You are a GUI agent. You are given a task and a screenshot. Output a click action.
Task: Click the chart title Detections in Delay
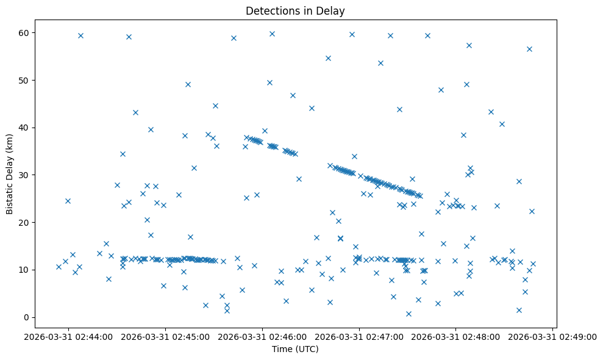pos(295,10)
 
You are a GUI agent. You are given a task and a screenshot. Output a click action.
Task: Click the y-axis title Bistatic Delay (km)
pos(10,173)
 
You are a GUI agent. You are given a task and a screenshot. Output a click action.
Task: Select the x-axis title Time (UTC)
pos(295,350)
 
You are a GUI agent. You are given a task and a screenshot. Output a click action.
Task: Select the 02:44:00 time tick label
pos(68,336)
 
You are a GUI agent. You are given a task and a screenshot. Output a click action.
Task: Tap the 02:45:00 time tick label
pos(165,336)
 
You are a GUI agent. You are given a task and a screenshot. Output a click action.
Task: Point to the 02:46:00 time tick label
pos(262,336)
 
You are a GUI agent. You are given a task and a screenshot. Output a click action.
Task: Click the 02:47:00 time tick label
pos(359,336)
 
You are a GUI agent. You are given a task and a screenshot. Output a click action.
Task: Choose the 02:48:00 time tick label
pos(456,336)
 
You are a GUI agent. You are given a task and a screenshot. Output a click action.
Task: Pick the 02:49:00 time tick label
pos(553,336)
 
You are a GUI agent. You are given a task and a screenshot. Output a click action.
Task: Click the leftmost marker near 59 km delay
pos(80,35)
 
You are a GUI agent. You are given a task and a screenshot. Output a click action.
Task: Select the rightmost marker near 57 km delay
pos(529,49)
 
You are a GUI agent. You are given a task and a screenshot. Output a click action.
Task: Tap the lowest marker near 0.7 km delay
pos(409,314)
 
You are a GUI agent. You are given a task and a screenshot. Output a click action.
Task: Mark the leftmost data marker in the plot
pos(59,267)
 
